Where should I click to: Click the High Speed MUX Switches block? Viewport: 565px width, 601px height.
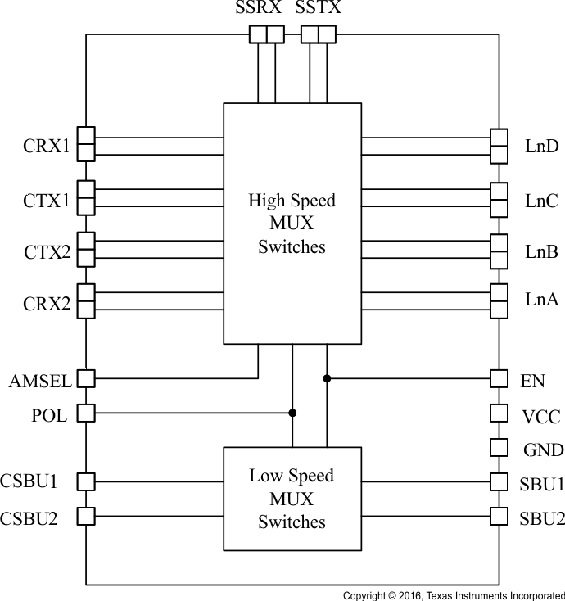tap(292, 224)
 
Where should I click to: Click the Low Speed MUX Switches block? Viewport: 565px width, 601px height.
tap(292, 499)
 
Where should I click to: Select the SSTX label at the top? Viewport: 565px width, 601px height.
tap(319, 10)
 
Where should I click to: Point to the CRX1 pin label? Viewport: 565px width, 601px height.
tap(46, 148)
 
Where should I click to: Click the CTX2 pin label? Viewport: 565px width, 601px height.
tap(46, 253)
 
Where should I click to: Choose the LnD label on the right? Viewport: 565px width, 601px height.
tap(541, 147)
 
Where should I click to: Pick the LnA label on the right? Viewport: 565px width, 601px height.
tap(541, 300)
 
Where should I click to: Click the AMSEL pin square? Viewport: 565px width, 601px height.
tap(86, 379)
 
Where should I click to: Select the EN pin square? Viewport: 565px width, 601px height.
tap(499, 379)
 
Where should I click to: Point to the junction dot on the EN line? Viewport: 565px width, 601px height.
tap(327, 378)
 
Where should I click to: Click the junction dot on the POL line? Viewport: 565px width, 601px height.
tap(292, 413)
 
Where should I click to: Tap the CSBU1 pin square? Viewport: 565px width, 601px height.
tap(86, 481)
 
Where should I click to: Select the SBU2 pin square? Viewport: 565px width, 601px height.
tap(499, 516)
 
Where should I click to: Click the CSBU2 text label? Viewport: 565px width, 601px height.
tap(29, 517)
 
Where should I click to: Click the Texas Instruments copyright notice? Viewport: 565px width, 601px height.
tap(453, 594)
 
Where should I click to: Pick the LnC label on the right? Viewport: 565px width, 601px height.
tap(541, 200)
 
